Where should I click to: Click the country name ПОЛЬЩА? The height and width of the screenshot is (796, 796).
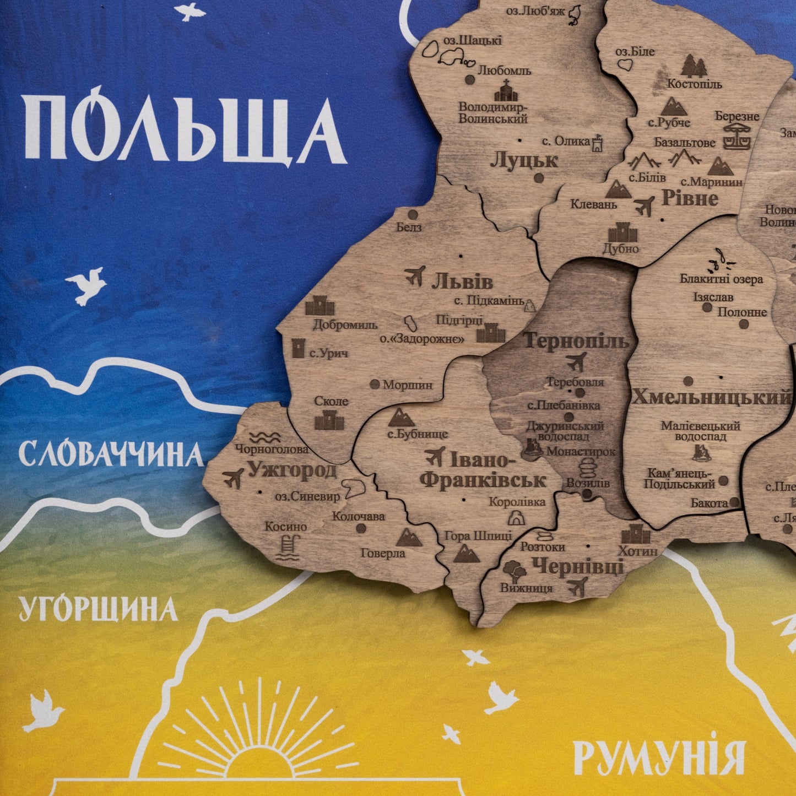pos(185,127)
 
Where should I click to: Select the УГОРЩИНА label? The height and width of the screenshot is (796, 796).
pos(99,609)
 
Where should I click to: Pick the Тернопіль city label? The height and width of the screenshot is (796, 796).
pos(576,341)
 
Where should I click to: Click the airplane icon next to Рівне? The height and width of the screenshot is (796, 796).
pos(644,206)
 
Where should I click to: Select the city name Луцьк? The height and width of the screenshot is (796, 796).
pos(524,160)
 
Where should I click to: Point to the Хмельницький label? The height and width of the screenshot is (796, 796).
pos(711,397)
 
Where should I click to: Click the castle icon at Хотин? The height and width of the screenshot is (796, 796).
pos(636,533)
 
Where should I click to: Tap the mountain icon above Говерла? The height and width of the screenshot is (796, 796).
pos(409,537)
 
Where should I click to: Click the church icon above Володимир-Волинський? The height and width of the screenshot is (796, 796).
pos(506,90)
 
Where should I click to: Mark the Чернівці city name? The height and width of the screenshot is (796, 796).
pos(578,566)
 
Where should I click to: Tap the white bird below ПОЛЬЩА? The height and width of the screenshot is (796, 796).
pos(86,284)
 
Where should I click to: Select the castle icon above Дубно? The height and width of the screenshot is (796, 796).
pos(622,232)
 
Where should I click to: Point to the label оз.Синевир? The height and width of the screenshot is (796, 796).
pos(307,496)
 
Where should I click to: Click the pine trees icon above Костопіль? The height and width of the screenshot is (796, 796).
pos(694,66)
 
